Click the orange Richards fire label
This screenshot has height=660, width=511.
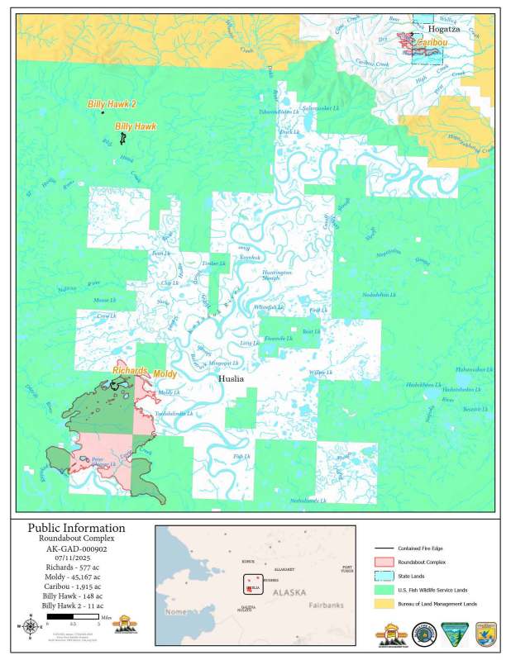coord(131,372)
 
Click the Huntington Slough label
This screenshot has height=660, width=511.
coord(277,275)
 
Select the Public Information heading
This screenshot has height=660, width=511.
coord(77,528)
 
